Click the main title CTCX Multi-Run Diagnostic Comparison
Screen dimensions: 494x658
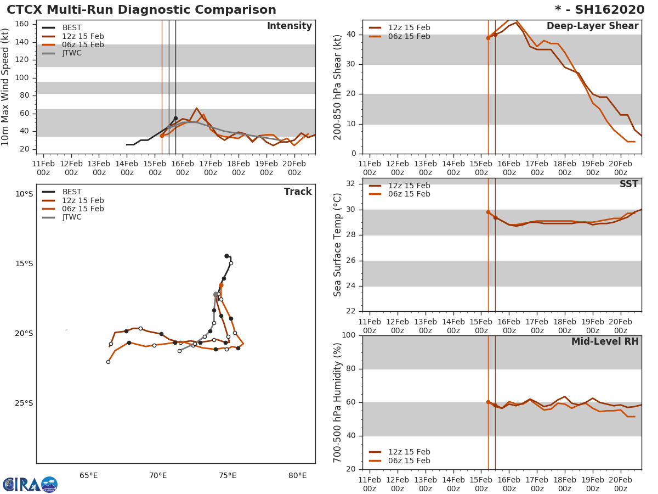(x=141, y=10)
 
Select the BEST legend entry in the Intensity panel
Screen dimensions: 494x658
(x=72, y=28)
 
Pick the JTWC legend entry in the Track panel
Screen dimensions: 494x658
(x=72, y=217)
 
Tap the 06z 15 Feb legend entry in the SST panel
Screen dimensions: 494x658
(x=409, y=194)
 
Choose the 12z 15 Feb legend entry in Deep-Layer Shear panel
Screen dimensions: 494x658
(x=409, y=28)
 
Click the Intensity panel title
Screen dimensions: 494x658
(x=289, y=26)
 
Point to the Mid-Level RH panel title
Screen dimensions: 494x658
(x=605, y=341)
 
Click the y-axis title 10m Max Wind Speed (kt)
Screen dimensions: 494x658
(x=6, y=87)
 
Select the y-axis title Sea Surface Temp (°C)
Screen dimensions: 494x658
(x=338, y=245)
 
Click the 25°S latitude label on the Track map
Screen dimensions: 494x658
(x=24, y=403)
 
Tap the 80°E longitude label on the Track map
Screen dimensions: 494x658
(x=297, y=475)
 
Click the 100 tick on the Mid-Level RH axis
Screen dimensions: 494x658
(x=347, y=335)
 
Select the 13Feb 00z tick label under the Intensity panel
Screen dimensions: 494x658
(x=99, y=168)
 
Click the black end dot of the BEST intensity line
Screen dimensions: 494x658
(x=175, y=118)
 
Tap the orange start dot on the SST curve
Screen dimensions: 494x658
(x=488, y=212)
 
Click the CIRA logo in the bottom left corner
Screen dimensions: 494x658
(x=30, y=484)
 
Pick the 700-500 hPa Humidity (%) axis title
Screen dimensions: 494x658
(x=338, y=402)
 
